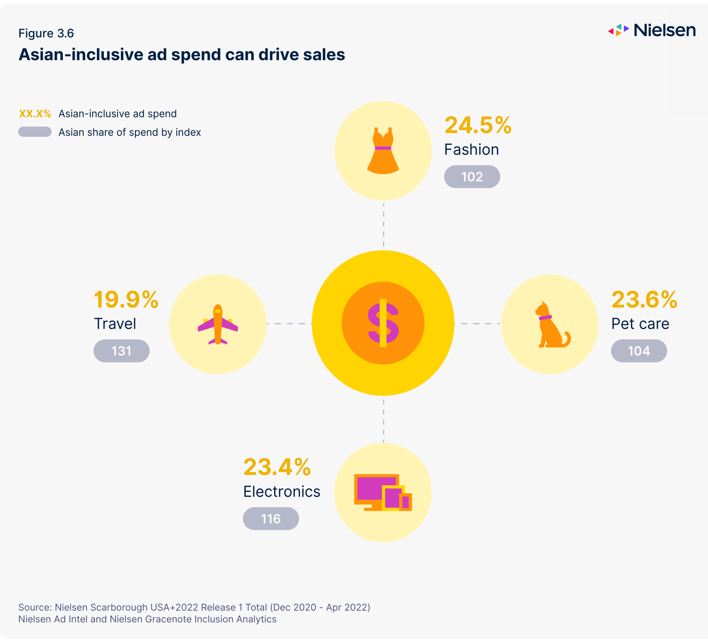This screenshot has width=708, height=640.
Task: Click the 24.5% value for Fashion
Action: coord(478,126)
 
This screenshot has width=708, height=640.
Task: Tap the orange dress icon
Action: coord(383,150)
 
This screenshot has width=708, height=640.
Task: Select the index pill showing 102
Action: coord(472,177)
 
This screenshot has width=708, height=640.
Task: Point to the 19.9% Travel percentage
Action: coord(126,300)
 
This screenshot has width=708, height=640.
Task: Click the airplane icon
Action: coord(218,324)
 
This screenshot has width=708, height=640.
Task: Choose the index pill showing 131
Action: coord(121,351)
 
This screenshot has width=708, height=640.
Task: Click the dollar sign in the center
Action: coord(383,323)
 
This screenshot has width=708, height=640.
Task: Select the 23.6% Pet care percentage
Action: coord(644,300)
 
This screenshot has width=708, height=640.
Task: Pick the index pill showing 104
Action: coord(639,351)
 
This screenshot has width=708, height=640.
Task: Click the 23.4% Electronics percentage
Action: coord(277,467)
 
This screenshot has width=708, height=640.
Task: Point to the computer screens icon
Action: coord(383,492)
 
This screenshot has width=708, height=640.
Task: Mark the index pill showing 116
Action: coord(271,519)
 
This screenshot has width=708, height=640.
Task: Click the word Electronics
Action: coord(282,491)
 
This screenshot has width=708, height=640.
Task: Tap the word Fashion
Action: coord(472,150)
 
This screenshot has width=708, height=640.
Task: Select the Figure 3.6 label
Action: coord(46,33)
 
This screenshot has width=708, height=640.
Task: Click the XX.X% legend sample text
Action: coord(35,114)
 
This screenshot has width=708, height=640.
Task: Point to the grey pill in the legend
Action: coord(35,132)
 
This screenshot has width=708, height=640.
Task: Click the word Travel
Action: coord(115,324)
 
